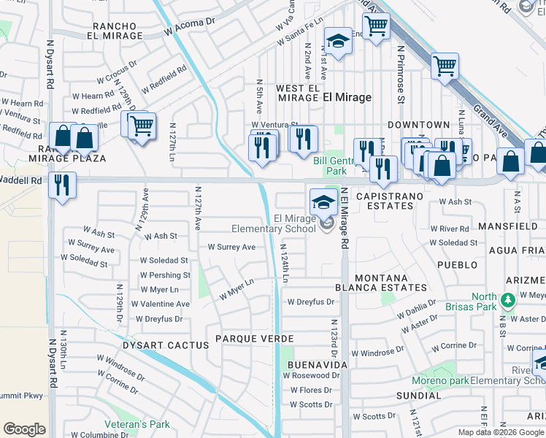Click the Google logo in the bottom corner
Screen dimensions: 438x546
[24, 429]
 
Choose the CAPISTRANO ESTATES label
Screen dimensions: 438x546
[384, 201]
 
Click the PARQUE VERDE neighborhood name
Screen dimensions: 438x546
[254, 339]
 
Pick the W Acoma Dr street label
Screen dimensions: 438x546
[190, 27]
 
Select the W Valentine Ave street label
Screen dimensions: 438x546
[160, 304]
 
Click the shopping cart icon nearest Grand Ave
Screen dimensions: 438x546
[444, 66]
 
